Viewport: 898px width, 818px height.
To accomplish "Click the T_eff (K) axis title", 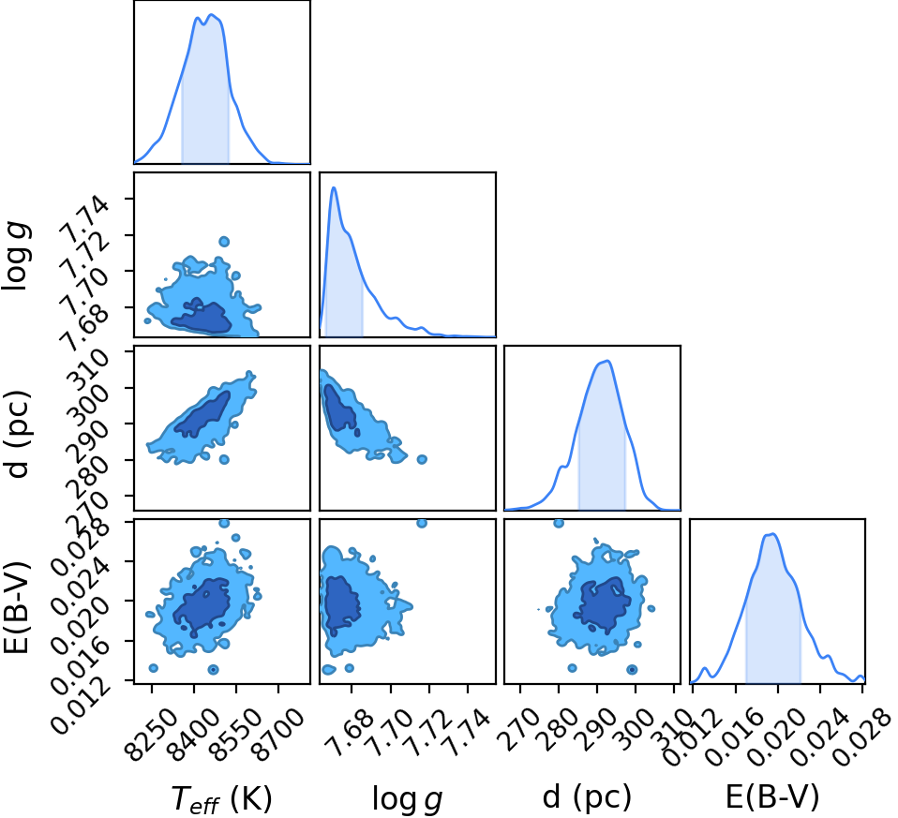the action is point(221,799).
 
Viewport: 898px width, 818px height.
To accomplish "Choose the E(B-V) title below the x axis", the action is point(772,797).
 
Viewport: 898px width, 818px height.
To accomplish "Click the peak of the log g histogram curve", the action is point(334,187).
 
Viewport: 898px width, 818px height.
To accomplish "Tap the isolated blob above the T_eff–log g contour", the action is point(224,242).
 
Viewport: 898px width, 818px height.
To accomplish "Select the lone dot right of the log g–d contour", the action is point(422,459).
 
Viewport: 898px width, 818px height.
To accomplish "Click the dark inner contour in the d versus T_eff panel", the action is point(202,414).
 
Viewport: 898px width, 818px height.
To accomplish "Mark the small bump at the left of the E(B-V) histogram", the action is point(705,669).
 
